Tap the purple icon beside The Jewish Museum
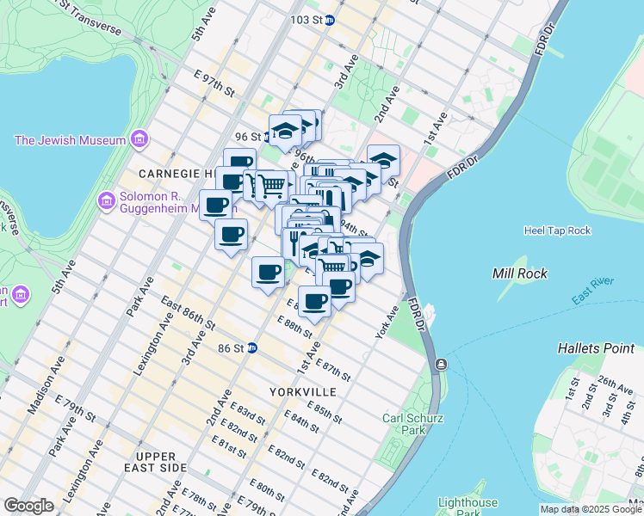coord(139,139)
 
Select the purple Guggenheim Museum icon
coord(108,200)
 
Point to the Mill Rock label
coord(516,273)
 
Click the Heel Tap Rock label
coord(557,230)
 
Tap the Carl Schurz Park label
coord(404,424)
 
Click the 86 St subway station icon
coord(252,348)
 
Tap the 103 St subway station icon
coord(329,20)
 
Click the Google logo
coord(28,506)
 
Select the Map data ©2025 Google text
coord(589,509)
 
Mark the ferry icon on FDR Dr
coord(441,365)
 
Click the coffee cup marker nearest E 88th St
coord(315,300)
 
